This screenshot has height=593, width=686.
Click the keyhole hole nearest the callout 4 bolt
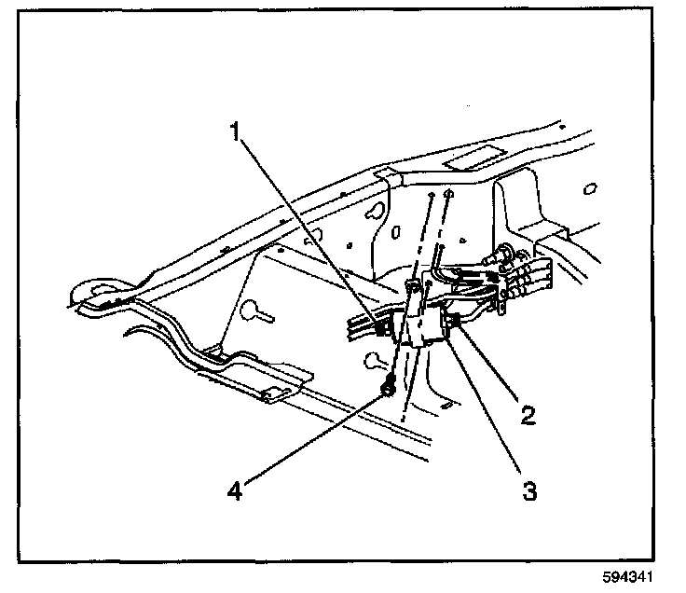click(375, 360)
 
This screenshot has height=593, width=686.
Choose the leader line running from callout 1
click(308, 228)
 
